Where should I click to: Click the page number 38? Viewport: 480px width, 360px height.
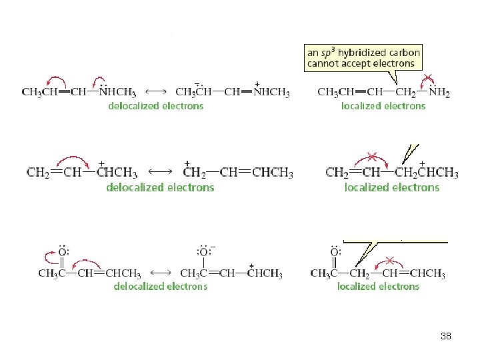pos(446,336)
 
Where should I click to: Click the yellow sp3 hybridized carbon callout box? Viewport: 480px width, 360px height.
pos(363,58)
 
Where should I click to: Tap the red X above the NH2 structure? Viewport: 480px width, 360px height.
pos(427,78)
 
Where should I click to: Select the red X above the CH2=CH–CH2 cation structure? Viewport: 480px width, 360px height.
pos(372,157)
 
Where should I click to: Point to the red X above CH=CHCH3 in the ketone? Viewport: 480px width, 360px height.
pos(389,261)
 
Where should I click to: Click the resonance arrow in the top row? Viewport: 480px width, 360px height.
pos(155,91)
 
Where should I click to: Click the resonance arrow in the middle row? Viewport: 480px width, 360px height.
pos(160,172)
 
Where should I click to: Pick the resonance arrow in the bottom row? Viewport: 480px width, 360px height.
pos(161,273)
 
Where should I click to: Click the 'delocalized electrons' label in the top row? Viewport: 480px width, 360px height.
pos(156,106)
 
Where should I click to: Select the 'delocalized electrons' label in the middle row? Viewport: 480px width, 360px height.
pos(160,187)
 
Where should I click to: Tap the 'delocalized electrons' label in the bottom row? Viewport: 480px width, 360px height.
pos(161,286)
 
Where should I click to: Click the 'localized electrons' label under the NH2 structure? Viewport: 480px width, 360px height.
pos(383,106)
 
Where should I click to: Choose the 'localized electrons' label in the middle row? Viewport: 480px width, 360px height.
pos(392,187)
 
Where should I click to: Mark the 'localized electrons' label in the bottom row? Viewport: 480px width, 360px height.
pos(378,286)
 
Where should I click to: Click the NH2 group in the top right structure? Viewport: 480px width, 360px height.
pos(439,91)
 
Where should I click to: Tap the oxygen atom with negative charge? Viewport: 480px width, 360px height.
pos(204,251)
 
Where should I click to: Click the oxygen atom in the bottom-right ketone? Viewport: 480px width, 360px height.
pos(335,251)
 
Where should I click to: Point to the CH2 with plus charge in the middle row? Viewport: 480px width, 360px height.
pos(194,171)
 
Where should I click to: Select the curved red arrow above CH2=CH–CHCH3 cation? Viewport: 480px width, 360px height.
pos(73,157)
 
